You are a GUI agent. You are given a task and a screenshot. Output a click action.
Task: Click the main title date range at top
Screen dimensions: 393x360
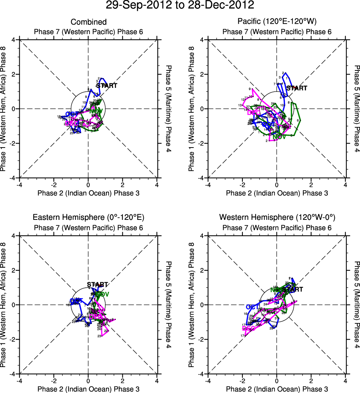point(180,5)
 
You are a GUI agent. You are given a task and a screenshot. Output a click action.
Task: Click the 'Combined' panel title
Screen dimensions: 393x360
point(89,22)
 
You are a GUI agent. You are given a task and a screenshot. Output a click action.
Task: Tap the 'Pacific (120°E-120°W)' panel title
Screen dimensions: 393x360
point(277,22)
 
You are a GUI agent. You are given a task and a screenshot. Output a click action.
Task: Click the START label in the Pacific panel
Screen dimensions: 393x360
point(297,88)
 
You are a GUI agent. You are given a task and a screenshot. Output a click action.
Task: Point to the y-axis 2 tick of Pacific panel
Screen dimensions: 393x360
point(202,74)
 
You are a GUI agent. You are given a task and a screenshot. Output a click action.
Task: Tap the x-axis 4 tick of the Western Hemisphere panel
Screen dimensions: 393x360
point(346,380)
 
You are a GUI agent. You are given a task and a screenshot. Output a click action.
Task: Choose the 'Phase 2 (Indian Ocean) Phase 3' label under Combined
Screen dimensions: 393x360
point(89,193)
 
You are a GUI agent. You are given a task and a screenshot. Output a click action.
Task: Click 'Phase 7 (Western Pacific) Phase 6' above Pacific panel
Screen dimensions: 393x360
point(277,32)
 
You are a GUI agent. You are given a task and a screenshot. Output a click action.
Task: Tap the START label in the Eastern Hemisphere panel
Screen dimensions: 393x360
point(98,285)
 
